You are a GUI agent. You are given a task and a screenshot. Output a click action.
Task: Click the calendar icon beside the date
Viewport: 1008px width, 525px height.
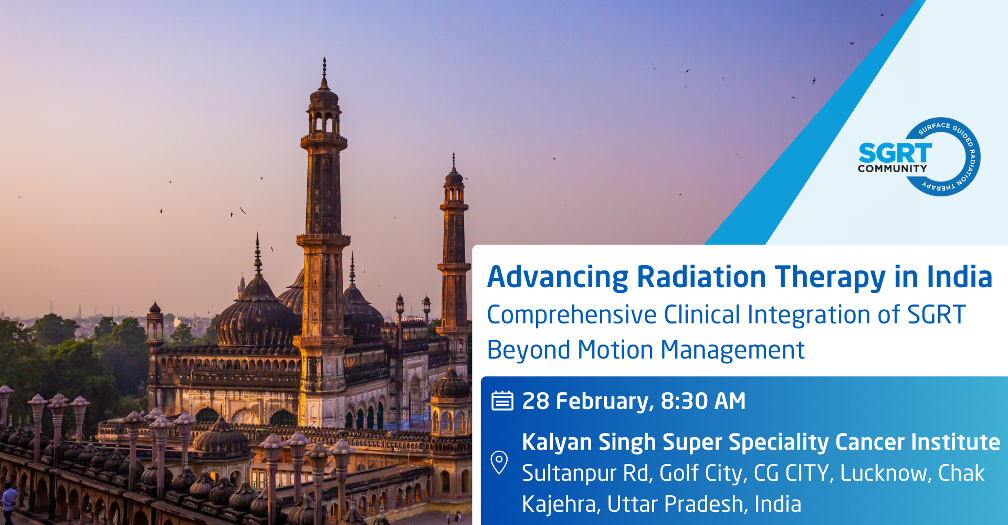coord(502,401)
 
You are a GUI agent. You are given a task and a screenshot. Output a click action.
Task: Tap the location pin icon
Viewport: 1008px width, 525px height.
coord(499,463)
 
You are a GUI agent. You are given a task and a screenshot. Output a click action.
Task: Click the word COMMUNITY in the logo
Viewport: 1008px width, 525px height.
coord(892,169)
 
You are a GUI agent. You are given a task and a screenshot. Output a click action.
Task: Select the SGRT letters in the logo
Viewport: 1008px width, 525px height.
coord(895,153)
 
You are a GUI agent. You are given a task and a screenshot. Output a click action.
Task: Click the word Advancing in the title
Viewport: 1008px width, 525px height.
coord(558,278)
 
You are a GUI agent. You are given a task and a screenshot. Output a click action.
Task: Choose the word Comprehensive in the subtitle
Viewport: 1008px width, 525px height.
coord(572,316)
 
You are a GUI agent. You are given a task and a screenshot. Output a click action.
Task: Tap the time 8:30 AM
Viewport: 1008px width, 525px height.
coord(703,401)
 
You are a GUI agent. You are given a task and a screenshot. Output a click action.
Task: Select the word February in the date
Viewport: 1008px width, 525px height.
coord(605,402)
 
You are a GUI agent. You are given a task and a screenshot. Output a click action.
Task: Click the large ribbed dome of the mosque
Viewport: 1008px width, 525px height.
coord(257,315)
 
